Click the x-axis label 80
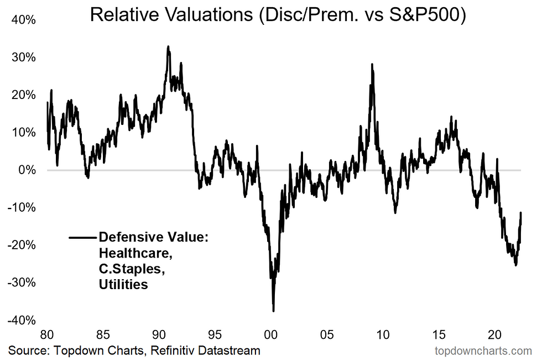47,334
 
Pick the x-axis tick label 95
215,334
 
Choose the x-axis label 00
271,334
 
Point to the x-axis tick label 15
439,334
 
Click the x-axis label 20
495,334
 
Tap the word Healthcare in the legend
128,254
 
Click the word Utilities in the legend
123,285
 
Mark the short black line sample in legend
82,238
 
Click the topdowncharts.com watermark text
483,350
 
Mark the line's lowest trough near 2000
273,311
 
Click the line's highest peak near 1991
168,46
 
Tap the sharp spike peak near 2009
372,64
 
